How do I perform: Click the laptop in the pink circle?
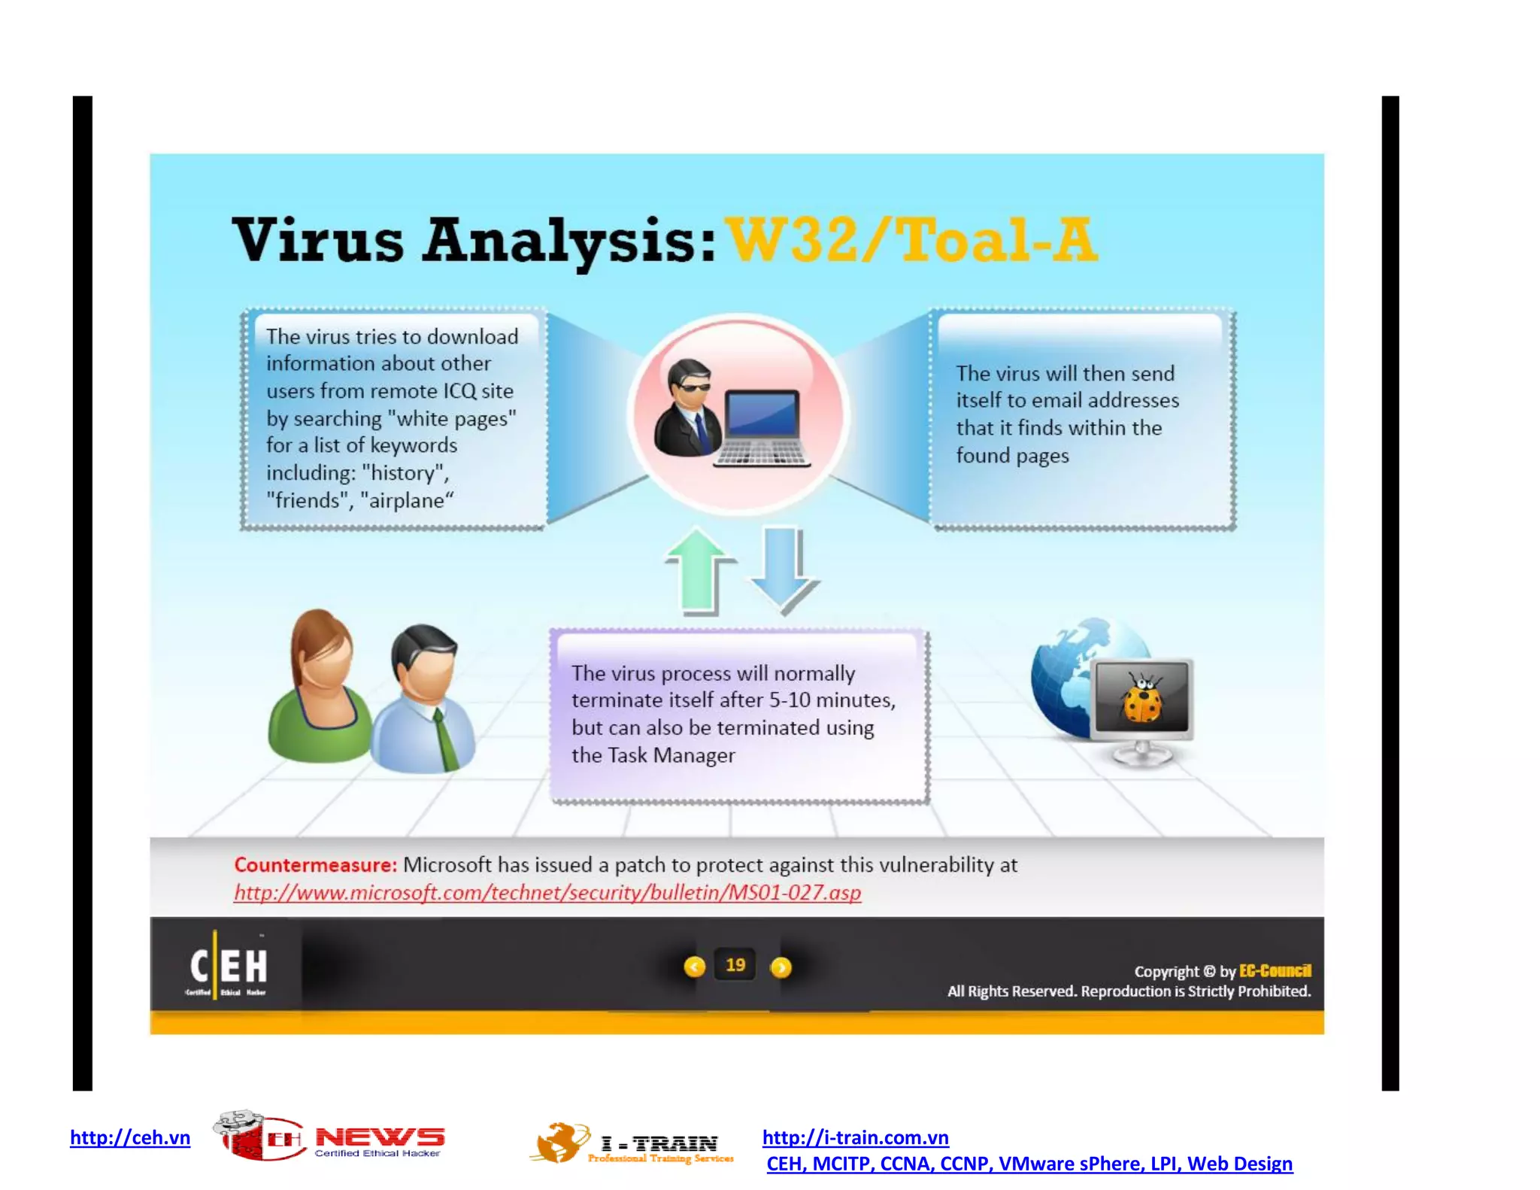pyautogui.click(x=761, y=427)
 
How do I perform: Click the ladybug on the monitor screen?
pyautogui.click(x=1142, y=699)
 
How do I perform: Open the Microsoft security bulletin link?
pyautogui.click(x=547, y=892)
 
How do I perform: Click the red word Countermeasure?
pyautogui.click(x=315, y=865)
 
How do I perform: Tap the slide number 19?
pyautogui.click(x=735, y=965)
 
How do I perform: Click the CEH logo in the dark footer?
pyautogui.click(x=228, y=967)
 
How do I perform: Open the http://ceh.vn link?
pyautogui.click(x=130, y=1137)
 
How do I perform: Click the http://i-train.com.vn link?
pyautogui.click(x=855, y=1137)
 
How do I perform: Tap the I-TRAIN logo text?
pyautogui.click(x=659, y=1143)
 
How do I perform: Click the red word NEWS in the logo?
pyautogui.click(x=380, y=1137)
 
